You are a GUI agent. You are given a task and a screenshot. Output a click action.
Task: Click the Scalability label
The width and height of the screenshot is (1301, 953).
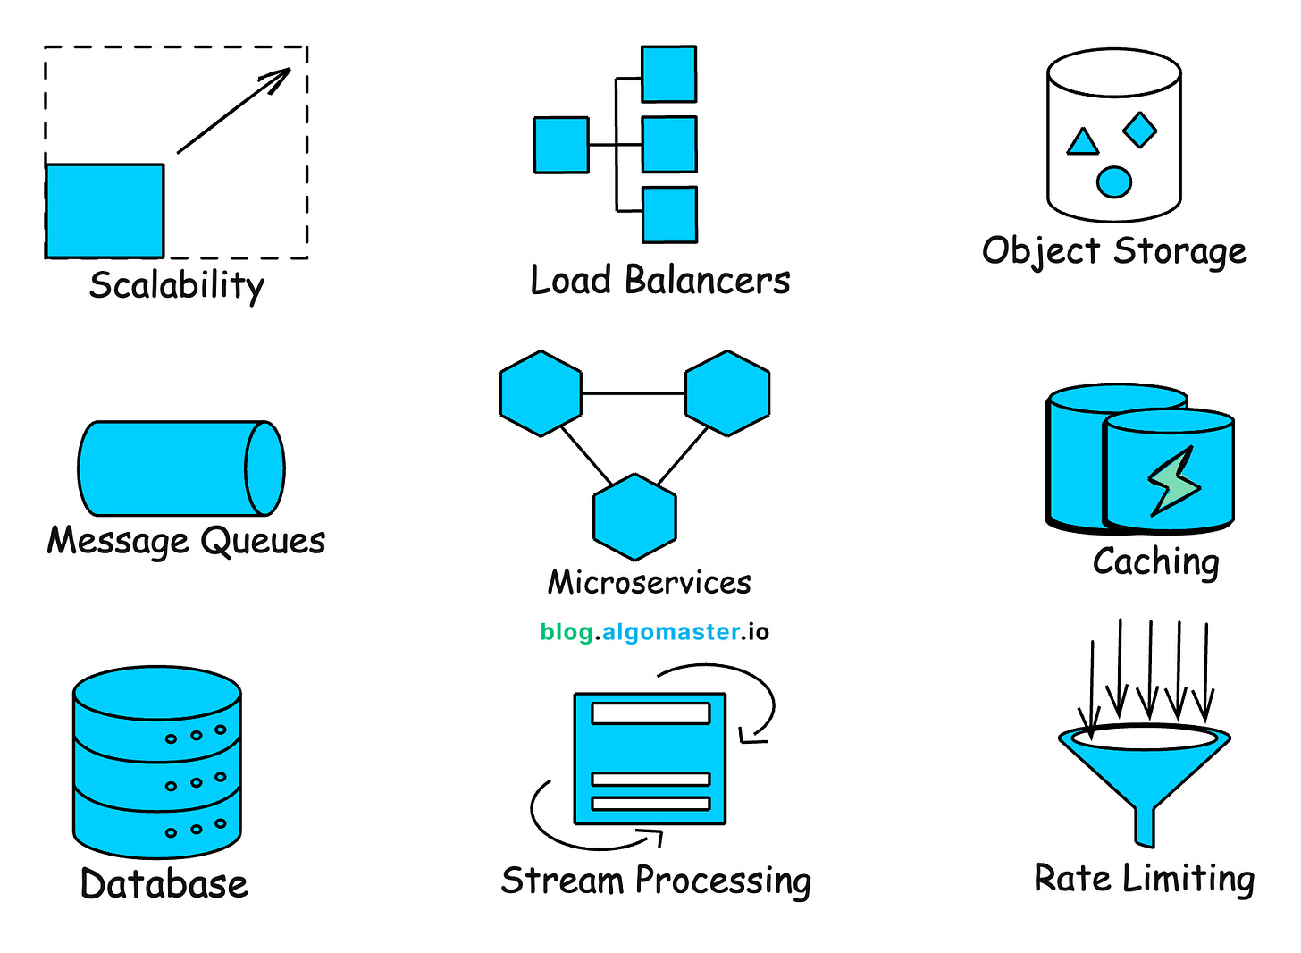[x=177, y=285]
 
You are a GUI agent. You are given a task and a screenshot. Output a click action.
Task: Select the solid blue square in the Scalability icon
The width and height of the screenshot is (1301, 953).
[x=105, y=211]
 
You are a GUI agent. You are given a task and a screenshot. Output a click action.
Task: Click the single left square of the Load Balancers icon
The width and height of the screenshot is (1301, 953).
[x=561, y=145]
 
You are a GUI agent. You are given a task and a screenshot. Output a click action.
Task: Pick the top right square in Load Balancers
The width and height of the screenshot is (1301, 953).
[x=669, y=74]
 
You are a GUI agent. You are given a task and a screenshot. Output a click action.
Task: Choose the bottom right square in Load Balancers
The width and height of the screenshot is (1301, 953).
[x=669, y=215]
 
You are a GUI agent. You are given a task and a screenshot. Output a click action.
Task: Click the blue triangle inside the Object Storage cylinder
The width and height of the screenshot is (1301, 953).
[x=1083, y=143]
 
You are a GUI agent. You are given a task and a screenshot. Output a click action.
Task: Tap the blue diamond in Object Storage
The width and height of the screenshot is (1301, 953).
[x=1139, y=130]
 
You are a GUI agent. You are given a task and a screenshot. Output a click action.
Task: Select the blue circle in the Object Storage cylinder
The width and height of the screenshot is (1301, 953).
[x=1113, y=182]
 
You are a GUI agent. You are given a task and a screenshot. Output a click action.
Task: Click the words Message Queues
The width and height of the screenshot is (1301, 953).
[x=186, y=541]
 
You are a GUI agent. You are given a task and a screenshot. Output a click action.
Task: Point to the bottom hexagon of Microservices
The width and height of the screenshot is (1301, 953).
[x=634, y=518]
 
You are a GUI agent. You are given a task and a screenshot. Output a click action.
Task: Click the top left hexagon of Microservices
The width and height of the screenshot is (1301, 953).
[x=541, y=393]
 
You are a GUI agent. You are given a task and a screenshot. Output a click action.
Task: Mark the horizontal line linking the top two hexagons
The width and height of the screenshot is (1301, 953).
[x=633, y=393]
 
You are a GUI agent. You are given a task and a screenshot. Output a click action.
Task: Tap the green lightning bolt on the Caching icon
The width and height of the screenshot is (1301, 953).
[x=1173, y=481]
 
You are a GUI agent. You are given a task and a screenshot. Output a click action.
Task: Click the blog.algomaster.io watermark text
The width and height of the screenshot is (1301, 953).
[x=654, y=632]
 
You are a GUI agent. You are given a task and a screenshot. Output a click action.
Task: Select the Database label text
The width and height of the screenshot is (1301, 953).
[x=164, y=884]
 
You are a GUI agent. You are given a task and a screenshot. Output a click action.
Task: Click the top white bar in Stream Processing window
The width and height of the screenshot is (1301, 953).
[x=650, y=713]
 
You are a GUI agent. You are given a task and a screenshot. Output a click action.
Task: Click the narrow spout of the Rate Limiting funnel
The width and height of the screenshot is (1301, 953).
[x=1145, y=827]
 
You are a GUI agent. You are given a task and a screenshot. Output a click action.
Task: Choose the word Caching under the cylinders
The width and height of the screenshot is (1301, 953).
[x=1156, y=562]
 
